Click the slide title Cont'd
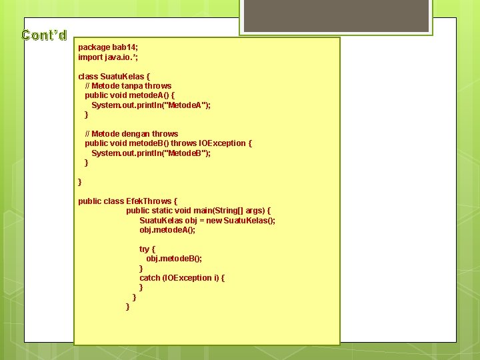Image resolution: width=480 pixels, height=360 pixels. click(x=44, y=35)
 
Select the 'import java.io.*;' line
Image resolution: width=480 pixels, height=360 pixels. click(x=108, y=57)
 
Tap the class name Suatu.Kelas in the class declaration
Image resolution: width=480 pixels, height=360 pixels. click(x=121, y=76)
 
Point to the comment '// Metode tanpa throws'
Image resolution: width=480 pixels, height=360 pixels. click(x=128, y=86)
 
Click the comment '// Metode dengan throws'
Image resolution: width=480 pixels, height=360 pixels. click(x=131, y=134)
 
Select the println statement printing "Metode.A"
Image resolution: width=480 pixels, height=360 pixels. click(x=151, y=105)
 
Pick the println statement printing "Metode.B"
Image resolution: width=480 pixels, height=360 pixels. click(x=151, y=153)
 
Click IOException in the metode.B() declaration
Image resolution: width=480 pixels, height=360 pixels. click(x=223, y=143)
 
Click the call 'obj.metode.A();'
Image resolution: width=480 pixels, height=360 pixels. click(x=167, y=230)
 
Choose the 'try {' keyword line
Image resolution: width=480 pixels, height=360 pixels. click(x=147, y=249)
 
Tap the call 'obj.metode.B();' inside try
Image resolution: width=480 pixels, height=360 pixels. click(x=174, y=259)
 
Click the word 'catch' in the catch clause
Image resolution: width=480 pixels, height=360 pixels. click(x=150, y=278)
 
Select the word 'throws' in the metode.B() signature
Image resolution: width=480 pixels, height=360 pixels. click(x=185, y=143)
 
